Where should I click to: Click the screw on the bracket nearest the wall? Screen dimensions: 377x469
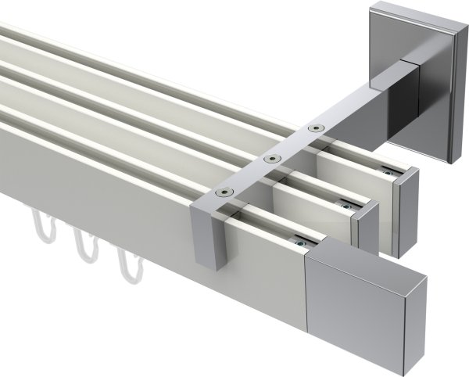tap(315, 127)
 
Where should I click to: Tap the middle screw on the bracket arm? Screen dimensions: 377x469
tap(271, 159)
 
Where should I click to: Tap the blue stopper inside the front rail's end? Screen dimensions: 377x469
tap(300, 242)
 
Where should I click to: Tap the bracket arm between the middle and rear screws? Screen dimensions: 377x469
tap(293, 143)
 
